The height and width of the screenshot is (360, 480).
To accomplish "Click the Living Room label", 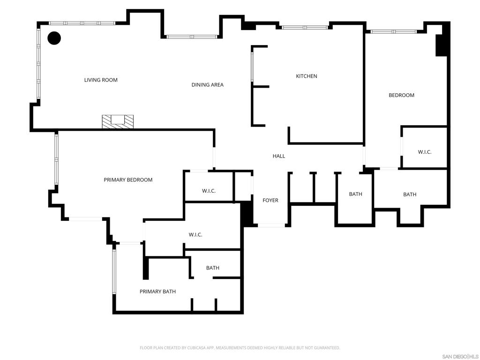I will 101,80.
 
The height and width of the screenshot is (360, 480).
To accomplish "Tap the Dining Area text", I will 207,85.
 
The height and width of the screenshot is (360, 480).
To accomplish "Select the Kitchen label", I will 307,76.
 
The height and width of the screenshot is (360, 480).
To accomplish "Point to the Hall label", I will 279,156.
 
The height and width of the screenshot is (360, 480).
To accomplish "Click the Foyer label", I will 270,200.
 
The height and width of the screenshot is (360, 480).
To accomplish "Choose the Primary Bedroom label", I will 128,180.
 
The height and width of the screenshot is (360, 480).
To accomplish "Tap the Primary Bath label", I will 157,292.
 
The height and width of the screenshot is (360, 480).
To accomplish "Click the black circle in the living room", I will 54,38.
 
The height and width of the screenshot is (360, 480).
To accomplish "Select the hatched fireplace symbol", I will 118,121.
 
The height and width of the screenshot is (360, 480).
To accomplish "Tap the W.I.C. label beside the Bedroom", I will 425,152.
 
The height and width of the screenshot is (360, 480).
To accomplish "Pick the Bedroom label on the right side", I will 401,95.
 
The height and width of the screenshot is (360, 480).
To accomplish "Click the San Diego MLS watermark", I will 460,356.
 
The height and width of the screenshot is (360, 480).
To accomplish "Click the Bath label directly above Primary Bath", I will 213,268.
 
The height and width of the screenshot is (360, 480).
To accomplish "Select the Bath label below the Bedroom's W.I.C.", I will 410,194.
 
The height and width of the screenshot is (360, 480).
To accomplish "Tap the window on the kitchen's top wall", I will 305,28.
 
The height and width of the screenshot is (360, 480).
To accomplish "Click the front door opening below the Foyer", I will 271,225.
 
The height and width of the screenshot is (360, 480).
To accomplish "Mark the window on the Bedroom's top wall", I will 393,31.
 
